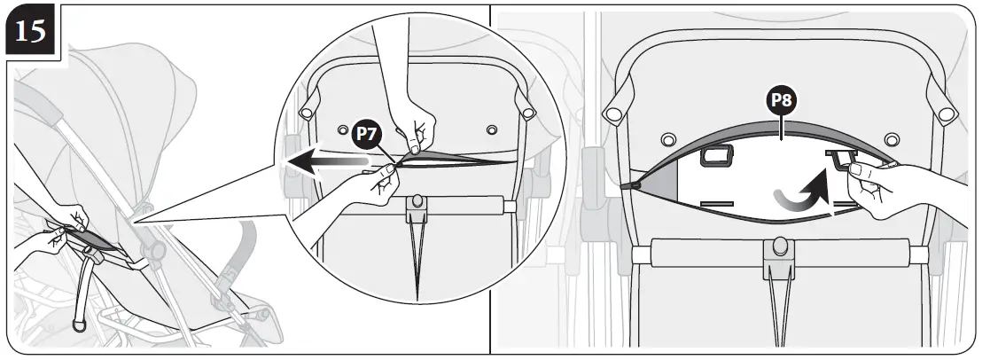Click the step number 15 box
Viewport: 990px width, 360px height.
[33, 33]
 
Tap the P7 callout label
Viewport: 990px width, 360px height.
[367, 134]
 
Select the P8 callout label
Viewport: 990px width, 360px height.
[780, 101]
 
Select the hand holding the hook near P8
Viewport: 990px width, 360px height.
[895, 191]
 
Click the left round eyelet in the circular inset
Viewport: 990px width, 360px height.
[343, 129]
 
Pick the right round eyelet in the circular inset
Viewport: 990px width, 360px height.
[492, 129]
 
